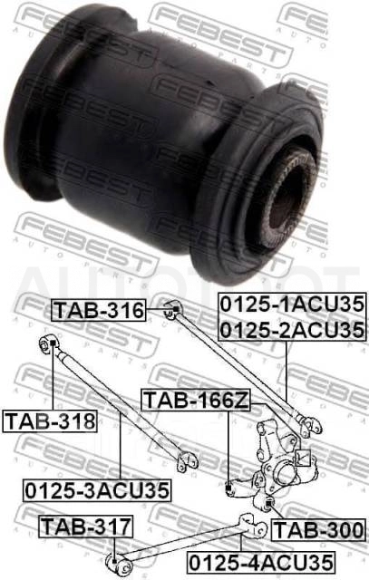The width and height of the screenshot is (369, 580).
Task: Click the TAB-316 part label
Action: [99, 310]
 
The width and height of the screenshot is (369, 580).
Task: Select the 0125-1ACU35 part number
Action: [292, 305]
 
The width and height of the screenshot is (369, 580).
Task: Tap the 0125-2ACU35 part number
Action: [292, 330]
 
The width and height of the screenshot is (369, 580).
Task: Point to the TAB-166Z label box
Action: [196, 400]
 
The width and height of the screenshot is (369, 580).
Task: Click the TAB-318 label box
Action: [50, 420]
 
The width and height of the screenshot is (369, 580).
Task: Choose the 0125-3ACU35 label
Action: [97, 490]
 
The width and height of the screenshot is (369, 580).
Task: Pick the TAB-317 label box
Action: [86, 527]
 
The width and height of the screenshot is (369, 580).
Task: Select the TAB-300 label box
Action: [318, 530]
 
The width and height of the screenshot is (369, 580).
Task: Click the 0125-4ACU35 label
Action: [261, 562]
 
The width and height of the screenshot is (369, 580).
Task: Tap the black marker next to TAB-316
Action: [176, 309]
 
